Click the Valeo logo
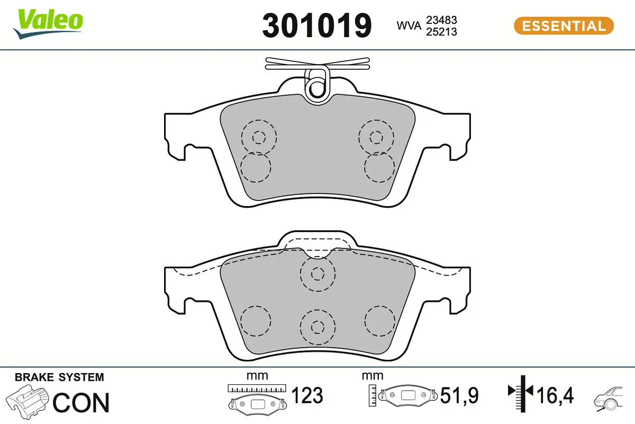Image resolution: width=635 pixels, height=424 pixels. (49, 23)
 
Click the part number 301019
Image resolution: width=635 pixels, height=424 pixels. (317, 25)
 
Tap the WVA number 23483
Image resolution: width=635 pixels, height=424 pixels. (442, 20)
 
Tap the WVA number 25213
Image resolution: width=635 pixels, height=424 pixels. (442, 31)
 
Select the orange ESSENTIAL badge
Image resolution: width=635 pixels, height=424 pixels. (563, 26)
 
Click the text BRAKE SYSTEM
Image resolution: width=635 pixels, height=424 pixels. (59, 378)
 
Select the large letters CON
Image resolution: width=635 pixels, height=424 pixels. (81, 402)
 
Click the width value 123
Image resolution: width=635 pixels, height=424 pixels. (307, 395)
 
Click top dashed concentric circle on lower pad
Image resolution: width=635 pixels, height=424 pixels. (317, 273)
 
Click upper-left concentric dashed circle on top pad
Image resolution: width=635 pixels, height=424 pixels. (258, 137)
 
